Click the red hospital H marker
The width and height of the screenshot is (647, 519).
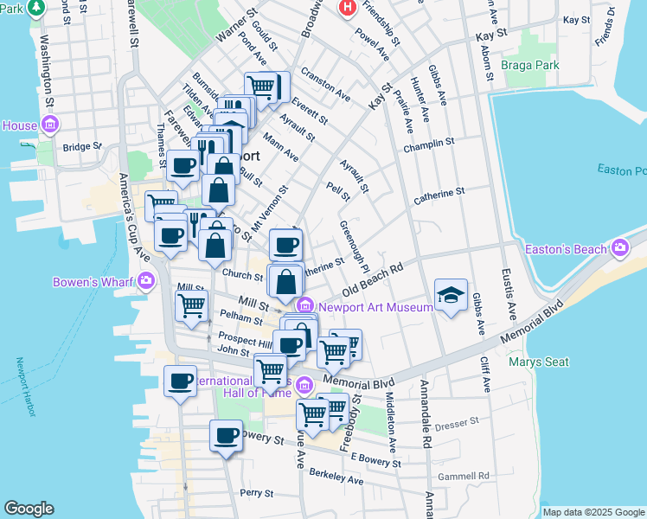[348, 7]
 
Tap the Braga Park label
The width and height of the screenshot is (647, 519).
[533, 65]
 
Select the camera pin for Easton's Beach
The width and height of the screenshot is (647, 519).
[619, 249]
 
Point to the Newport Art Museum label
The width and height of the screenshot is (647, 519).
[375, 306]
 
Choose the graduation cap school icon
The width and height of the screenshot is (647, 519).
[451, 296]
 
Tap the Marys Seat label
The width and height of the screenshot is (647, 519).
[539, 362]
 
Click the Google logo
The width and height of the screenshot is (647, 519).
[29, 508]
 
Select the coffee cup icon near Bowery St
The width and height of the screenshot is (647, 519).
[227, 435]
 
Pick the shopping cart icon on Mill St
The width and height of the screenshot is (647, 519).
[191, 304]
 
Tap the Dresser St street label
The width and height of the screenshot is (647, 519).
[457, 423]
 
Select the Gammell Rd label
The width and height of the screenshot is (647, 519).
[463, 476]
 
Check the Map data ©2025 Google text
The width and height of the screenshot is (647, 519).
[593, 511]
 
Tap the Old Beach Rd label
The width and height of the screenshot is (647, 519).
[373, 280]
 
